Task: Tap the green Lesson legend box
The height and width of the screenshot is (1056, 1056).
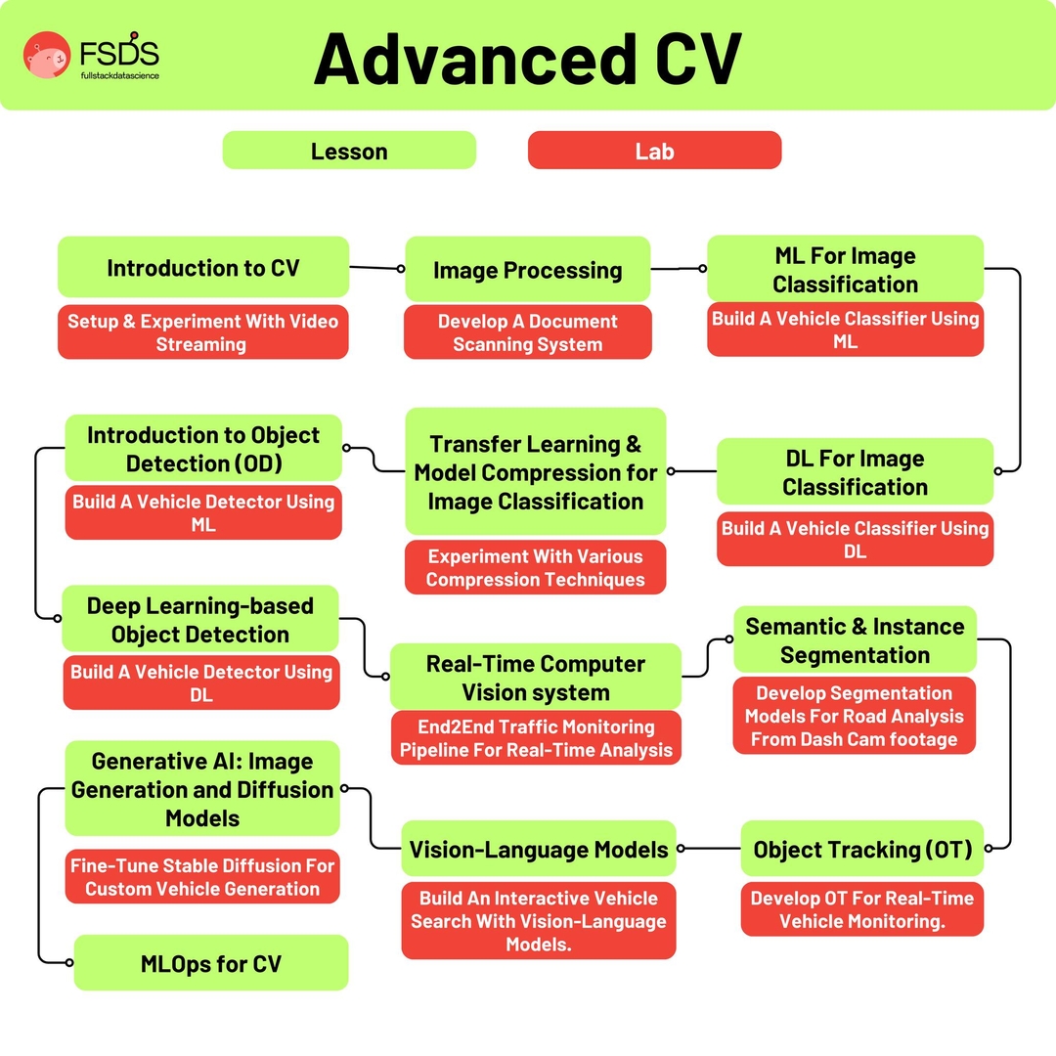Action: click(349, 151)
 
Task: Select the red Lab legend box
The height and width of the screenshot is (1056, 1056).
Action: click(654, 151)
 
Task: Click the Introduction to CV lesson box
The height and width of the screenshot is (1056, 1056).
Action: click(203, 267)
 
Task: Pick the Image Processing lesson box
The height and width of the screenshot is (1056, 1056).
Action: click(527, 269)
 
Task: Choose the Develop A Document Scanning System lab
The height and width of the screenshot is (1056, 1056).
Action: click(527, 332)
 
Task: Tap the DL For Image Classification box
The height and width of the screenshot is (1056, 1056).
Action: click(855, 472)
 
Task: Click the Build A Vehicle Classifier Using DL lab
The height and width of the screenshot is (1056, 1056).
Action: click(855, 539)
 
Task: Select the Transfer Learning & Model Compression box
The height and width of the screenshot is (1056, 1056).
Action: click(535, 472)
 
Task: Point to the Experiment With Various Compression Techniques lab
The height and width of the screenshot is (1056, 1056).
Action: click(535, 567)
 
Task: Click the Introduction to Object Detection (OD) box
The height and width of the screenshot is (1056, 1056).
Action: click(203, 448)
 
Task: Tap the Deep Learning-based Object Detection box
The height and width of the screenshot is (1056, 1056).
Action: click(200, 619)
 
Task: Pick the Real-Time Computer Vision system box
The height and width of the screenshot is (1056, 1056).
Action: click(535, 677)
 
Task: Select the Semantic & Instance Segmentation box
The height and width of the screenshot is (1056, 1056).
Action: click(855, 639)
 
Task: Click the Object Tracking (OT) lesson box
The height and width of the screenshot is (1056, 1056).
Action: click(861, 849)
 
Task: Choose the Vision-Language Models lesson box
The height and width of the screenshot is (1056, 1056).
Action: click(539, 849)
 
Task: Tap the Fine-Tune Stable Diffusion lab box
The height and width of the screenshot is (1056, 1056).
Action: click(202, 876)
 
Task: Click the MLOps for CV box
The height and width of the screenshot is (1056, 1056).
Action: click(211, 963)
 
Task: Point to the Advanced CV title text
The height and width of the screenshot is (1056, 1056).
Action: click(527, 59)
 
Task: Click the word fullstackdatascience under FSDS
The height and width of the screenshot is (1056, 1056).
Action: click(120, 74)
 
